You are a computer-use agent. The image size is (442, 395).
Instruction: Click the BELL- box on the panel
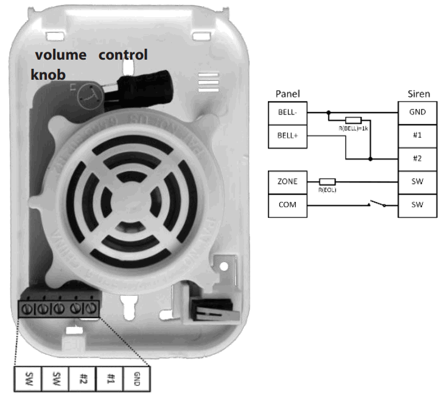coord(288,112)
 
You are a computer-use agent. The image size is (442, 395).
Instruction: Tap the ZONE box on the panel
coord(288,181)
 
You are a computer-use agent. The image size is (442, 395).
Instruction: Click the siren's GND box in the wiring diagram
coord(417,112)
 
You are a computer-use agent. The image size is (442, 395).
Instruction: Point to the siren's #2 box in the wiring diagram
coord(417,157)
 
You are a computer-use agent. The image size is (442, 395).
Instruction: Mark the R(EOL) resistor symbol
coord(326,181)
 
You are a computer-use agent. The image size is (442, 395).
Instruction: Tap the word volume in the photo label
coord(60,55)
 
